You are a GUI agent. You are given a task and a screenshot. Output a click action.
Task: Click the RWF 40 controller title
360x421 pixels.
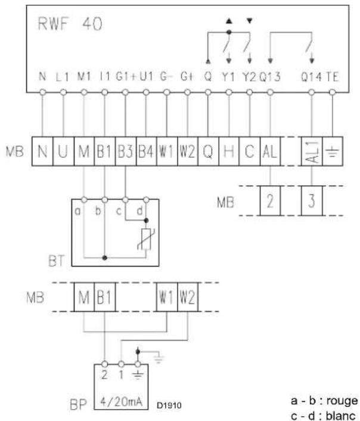70,24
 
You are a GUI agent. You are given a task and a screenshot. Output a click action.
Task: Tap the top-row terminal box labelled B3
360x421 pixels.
126,151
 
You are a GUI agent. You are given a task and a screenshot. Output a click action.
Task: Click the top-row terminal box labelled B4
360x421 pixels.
146,151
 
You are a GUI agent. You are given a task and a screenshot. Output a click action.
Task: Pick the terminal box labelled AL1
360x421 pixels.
312,151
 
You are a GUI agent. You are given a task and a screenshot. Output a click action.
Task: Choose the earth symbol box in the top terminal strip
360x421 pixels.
333,151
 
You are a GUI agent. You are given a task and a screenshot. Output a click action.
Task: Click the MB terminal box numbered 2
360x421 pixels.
270,200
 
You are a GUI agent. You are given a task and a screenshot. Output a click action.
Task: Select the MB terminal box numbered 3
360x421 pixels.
312,200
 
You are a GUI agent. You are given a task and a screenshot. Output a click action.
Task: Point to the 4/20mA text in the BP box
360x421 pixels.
121,401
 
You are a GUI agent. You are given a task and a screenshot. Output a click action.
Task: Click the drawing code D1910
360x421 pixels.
169,405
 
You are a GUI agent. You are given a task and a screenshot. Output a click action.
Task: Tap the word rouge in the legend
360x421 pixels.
342,401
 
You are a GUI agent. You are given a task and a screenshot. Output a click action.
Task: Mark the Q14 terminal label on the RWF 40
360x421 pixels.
311,77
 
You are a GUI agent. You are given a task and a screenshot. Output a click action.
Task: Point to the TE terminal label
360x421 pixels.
333,77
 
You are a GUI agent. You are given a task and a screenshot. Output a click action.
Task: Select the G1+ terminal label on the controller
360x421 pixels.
126,77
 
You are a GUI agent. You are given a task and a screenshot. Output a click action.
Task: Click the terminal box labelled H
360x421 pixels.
229,151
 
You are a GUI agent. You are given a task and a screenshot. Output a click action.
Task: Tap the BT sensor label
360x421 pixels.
57,261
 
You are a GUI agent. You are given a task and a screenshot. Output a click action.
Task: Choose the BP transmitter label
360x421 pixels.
78,405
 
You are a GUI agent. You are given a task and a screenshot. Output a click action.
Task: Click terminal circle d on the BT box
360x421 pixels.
146,200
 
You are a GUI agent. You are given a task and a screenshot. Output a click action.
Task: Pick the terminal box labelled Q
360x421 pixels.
209,151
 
